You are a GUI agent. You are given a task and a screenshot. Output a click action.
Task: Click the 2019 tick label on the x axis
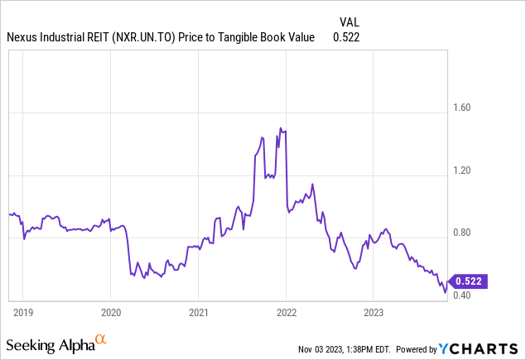point(22,314)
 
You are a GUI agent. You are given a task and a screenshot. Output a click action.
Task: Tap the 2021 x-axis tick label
point(198,314)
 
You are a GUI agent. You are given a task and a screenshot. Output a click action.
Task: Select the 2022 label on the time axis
point(286,314)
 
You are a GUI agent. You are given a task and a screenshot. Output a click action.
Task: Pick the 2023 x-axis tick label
point(374,314)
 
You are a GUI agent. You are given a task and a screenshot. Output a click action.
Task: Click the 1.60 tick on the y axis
point(460,108)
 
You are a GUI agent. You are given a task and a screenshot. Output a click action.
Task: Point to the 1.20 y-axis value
point(460,170)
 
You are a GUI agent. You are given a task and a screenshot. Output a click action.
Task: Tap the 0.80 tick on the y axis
point(460,233)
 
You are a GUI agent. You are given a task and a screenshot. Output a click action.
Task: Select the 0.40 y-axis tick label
point(460,295)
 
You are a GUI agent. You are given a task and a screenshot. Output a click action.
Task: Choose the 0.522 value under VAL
point(346,37)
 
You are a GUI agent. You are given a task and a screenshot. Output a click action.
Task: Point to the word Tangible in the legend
point(234,37)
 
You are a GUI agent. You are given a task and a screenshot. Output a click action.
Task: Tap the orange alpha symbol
point(100,339)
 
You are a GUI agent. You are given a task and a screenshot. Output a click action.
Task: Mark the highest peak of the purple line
point(280,127)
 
